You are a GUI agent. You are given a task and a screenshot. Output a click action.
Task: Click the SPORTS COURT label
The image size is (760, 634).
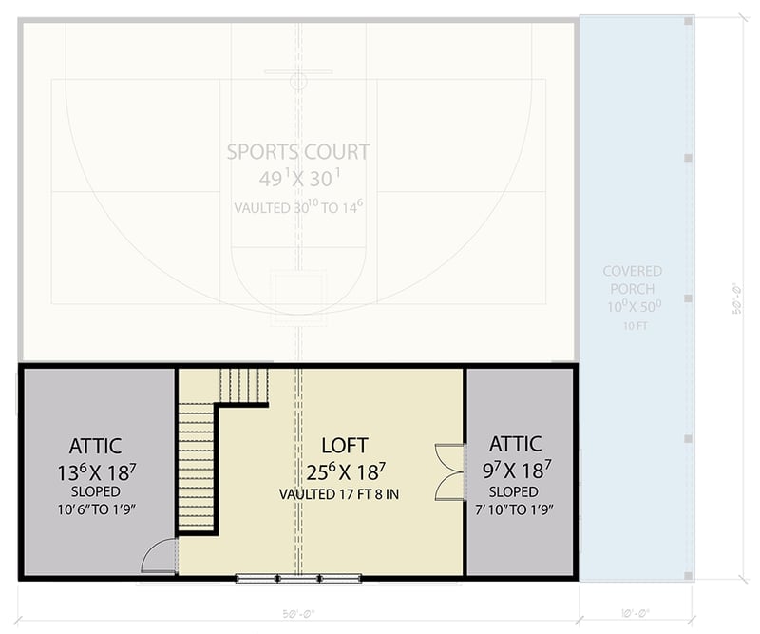[297, 152]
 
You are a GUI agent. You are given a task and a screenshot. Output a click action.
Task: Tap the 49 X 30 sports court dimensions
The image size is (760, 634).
[297, 179]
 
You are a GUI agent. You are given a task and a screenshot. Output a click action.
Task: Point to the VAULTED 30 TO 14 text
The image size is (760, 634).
[297, 205]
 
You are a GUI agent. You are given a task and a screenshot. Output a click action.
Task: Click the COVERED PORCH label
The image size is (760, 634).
[632, 280]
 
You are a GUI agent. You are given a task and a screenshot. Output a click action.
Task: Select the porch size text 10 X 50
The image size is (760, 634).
[632, 307]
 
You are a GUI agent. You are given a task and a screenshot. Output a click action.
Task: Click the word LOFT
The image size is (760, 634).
[344, 445]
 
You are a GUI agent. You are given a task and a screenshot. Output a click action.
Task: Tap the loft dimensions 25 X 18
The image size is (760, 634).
[344, 470]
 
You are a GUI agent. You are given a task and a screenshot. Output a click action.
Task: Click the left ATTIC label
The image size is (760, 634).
[95, 445]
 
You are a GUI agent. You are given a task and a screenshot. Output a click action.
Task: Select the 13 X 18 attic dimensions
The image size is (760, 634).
[95, 470]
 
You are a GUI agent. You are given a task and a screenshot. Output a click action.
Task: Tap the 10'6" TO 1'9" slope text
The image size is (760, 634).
[95, 509]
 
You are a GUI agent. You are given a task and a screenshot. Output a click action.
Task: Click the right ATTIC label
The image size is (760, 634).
[515, 444]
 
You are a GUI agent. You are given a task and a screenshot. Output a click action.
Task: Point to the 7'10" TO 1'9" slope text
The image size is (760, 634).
[515, 509]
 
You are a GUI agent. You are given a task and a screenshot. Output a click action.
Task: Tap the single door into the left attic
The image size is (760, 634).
[160, 556]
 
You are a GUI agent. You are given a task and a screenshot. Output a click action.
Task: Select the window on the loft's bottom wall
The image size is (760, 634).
[298, 577]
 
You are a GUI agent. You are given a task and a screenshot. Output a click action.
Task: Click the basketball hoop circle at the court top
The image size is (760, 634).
[298, 83]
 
